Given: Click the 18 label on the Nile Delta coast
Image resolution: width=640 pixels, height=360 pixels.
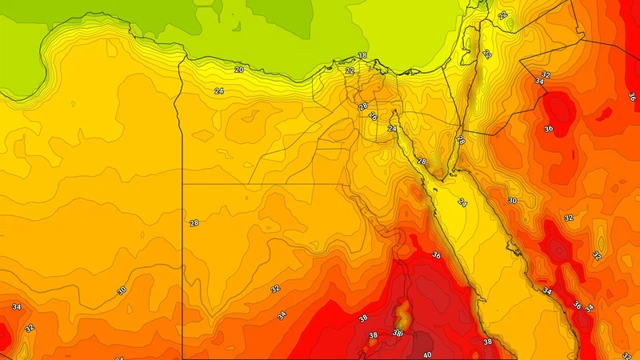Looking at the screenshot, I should click(x=362, y=55).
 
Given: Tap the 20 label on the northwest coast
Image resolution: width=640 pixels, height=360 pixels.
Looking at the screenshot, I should click(x=239, y=70).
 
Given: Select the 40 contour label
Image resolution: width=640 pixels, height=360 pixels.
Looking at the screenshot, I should click(x=427, y=354).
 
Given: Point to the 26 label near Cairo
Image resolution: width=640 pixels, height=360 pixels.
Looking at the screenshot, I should click(x=362, y=106).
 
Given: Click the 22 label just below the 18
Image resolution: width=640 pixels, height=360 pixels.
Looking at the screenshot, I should click(x=350, y=70).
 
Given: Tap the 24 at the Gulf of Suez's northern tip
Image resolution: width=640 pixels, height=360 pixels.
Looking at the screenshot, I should click(x=392, y=128).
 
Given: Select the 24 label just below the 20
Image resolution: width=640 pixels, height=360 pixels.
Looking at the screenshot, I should click(x=218, y=91).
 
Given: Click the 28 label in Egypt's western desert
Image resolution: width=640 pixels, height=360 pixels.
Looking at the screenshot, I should click(x=194, y=222).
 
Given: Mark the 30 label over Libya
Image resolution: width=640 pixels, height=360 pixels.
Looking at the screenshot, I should click(x=122, y=290).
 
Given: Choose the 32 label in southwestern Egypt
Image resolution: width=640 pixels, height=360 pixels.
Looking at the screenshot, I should click(x=275, y=289).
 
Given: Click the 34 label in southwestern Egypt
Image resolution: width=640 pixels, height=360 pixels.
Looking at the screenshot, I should click(x=282, y=315).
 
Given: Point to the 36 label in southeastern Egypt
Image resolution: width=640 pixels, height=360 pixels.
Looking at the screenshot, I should click(x=436, y=255).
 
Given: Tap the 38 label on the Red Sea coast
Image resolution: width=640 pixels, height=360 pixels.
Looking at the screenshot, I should click(x=487, y=342).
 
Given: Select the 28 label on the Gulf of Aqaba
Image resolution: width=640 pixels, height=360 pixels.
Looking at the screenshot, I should click(x=460, y=140).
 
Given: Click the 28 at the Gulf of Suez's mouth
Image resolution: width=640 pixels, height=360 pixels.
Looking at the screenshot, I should click(x=422, y=162).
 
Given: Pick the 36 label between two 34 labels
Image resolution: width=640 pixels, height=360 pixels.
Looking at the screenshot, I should click(x=577, y=305).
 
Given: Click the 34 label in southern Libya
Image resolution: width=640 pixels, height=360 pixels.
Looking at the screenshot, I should click(x=16, y=306).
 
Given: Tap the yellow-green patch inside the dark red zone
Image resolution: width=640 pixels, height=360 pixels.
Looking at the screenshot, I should click(x=402, y=312).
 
